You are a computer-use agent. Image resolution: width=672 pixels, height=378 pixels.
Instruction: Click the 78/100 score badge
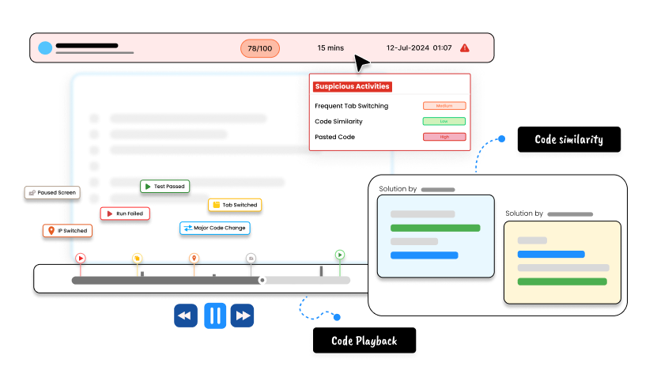click(259, 48)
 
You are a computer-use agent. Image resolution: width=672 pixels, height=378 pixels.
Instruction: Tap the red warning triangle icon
click(465, 47)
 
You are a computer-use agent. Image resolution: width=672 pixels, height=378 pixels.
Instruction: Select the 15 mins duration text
click(330, 48)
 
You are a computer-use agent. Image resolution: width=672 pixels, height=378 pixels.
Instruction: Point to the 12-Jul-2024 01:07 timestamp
click(419, 48)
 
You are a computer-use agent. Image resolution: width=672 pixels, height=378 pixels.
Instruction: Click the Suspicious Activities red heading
click(352, 86)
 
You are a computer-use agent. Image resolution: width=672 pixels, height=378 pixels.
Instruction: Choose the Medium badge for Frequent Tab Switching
click(444, 106)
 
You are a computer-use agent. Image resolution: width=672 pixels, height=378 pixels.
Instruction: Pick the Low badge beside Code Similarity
click(444, 121)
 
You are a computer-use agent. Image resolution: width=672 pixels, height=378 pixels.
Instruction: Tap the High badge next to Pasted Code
click(444, 137)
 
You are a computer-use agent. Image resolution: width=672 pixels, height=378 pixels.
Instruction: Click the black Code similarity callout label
click(568, 140)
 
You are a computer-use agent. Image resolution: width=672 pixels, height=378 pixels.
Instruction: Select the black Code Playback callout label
click(364, 341)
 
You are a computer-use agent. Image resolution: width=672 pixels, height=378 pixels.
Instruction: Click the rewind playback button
click(186, 316)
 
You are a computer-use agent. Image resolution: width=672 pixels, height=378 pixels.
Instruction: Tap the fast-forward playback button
click(243, 316)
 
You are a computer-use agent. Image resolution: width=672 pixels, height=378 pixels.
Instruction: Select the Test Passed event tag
click(164, 187)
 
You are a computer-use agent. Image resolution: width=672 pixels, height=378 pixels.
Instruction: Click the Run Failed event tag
click(125, 214)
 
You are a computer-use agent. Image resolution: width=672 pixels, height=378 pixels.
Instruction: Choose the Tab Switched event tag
click(234, 205)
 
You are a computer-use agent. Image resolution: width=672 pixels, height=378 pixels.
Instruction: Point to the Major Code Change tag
click(214, 228)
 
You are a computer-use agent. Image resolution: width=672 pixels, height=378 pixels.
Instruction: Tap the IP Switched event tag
click(67, 231)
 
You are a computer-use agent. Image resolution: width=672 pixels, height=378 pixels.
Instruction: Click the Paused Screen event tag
click(51, 192)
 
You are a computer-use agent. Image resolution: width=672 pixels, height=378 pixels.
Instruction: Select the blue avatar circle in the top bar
click(45, 47)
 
